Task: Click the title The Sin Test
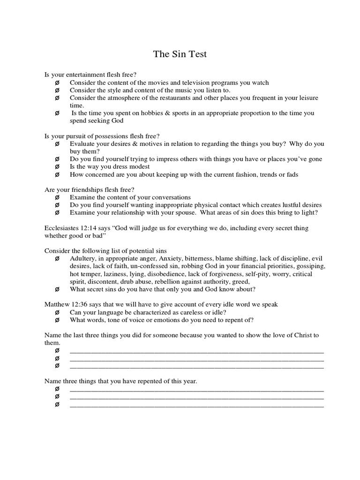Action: (180, 54)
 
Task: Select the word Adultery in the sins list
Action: (82, 258)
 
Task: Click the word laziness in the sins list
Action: (111, 274)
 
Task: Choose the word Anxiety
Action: (171, 258)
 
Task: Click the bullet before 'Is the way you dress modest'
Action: (57, 167)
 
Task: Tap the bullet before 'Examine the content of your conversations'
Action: (57, 197)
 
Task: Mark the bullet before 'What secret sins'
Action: (57, 289)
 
